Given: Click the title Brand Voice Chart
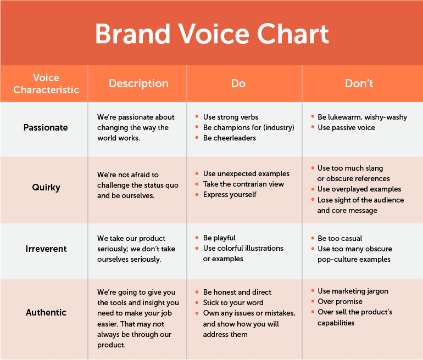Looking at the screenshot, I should tap(211, 34).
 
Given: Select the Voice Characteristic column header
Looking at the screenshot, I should tap(46, 83).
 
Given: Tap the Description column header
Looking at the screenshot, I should tap(138, 83).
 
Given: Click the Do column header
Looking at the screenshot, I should tap(238, 83).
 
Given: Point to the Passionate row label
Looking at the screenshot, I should tap(46, 127).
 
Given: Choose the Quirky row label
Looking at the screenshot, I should tap(46, 187).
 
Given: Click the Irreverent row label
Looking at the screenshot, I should tap(46, 249).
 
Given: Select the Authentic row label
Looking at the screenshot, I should tap(46, 312).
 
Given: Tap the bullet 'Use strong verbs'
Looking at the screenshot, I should tap(230, 117).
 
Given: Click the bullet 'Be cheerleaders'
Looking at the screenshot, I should tap(229, 138).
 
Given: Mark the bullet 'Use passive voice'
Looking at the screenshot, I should tap(346, 127).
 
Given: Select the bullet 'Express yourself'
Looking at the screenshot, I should tap(230, 194).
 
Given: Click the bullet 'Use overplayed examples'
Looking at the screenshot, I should tap(359, 189).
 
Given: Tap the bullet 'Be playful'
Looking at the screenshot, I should tap(219, 238).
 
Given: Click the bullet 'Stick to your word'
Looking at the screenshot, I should tap(233, 302).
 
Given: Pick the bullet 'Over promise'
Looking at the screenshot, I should tap(340, 301).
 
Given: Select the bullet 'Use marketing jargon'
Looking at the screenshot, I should tap(353, 291).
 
